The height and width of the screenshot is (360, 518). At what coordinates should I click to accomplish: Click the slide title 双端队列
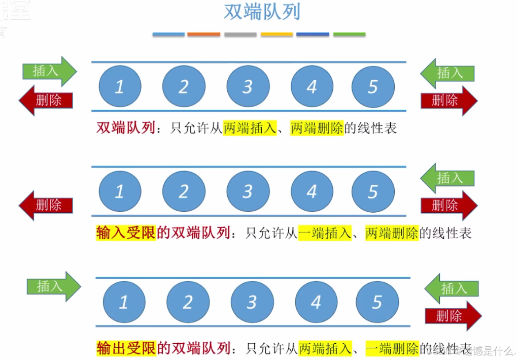262,12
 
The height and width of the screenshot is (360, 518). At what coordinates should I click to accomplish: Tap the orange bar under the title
204,35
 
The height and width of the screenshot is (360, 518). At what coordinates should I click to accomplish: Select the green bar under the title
349,35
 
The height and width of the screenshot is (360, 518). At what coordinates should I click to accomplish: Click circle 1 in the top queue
120,86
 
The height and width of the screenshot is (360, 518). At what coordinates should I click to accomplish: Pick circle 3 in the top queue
248,86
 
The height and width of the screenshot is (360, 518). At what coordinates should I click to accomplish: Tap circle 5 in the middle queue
373,191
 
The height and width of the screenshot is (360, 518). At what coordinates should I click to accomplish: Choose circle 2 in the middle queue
184,191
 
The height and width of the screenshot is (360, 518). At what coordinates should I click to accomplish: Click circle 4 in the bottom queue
316,302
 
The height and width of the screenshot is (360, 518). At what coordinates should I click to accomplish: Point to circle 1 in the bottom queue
124,302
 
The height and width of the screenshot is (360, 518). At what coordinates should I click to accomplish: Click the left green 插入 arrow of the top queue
49,71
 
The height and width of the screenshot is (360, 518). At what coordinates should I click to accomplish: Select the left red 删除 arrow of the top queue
46,100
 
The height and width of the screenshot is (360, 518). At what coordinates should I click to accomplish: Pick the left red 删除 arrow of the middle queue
46,205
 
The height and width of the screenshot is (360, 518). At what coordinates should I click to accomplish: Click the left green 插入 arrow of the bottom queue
53,286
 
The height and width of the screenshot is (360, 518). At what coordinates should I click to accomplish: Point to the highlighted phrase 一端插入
325,233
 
